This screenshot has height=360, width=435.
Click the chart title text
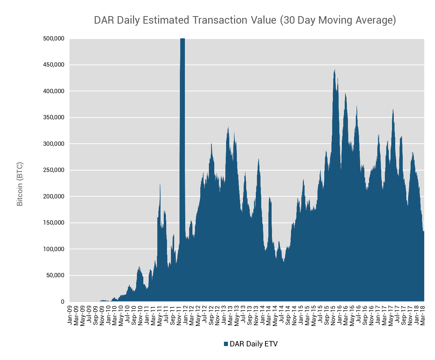pyautogui.click(x=245, y=20)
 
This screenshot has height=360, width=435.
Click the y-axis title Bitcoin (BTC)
pyautogui.click(x=20, y=184)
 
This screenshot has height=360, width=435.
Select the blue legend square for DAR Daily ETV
pyautogui.click(x=226, y=344)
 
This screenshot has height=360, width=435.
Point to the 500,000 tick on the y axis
pyautogui.click(x=54, y=39)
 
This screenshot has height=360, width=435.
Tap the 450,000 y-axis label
pyautogui.click(x=54, y=65)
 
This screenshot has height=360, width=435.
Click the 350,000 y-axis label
pyautogui.click(x=54, y=117)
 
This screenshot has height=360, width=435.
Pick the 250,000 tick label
pyautogui.click(x=54, y=170)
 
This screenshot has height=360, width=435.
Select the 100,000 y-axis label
pyautogui.click(x=54, y=249)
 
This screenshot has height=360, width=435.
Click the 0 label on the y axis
pyautogui.click(x=62, y=302)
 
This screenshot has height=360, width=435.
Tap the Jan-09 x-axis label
pyautogui.click(x=70, y=315)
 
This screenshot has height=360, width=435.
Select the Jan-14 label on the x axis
pyautogui.click(x=263, y=315)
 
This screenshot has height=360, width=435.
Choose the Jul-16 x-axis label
pyautogui.click(x=359, y=315)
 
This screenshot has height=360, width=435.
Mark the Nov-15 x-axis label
pyautogui.click(x=333, y=315)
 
